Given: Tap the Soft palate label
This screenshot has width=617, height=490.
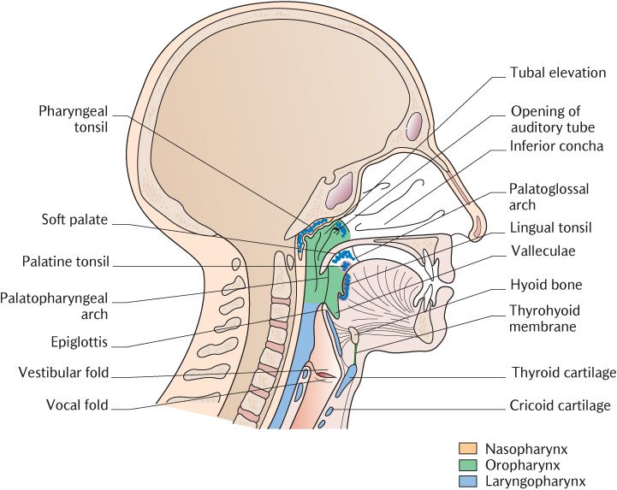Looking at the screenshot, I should point(74,220).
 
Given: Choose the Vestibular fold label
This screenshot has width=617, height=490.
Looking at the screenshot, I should point(63,373).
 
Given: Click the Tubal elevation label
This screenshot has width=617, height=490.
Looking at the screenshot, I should point(558,73).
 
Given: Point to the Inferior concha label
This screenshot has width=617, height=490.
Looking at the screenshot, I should point(556,145).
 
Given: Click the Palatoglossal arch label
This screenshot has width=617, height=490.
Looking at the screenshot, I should point(549,197).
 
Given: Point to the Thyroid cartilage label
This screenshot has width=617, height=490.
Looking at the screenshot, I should point(563,373).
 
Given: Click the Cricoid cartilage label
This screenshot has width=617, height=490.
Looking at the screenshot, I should point(561,405).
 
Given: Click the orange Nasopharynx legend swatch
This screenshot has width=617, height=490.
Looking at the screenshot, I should point(466,447).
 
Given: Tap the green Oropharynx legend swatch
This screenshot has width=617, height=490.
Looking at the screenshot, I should point(466,465).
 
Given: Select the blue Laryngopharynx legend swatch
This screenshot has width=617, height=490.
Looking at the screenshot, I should point(466,482).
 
